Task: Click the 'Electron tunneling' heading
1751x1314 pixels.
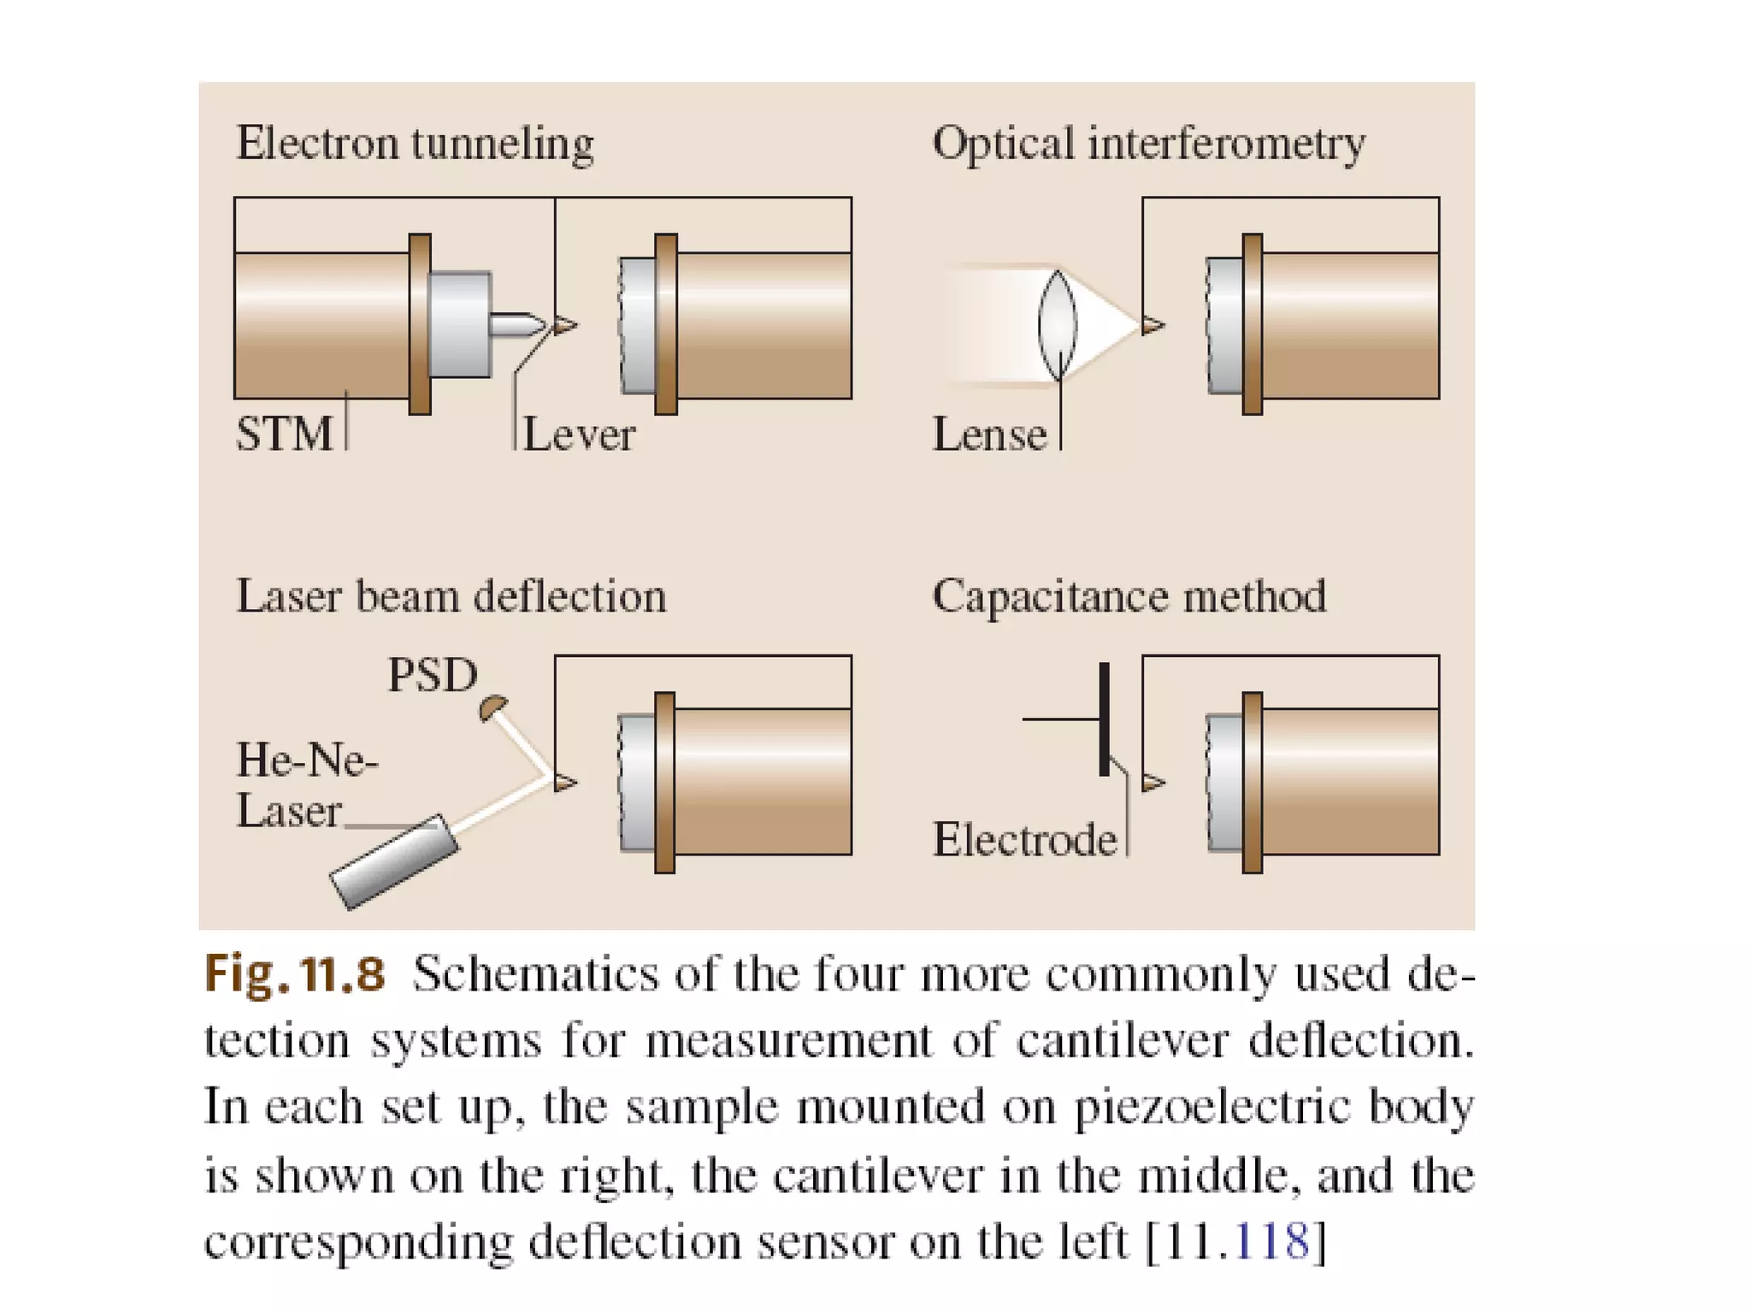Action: (x=415, y=144)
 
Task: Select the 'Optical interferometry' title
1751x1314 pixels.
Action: (x=1148, y=144)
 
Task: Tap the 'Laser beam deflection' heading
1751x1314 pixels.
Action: (x=451, y=596)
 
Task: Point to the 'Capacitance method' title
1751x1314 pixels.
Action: (x=1129, y=596)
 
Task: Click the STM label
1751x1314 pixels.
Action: (x=284, y=434)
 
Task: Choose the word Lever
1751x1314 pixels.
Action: (x=579, y=435)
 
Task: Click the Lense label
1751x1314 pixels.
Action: (x=989, y=435)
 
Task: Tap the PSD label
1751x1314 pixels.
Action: (x=432, y=675)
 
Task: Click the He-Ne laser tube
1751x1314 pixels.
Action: (x=394, y=861)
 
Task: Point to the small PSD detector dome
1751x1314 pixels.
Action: (x=492, y=707)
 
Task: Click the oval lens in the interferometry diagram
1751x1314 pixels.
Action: (x=1058, y=325)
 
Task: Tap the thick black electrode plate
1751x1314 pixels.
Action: (x=1104, y=719)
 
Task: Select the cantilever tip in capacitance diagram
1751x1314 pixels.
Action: (x=1153, y=782)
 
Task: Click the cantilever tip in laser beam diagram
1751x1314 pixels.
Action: (x=564, y=782)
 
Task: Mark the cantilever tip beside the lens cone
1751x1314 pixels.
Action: (x=1153, y=325)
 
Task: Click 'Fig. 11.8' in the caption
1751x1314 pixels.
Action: (x=294, y=974)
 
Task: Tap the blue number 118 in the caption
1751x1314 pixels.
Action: (x=1272, y=1241)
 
